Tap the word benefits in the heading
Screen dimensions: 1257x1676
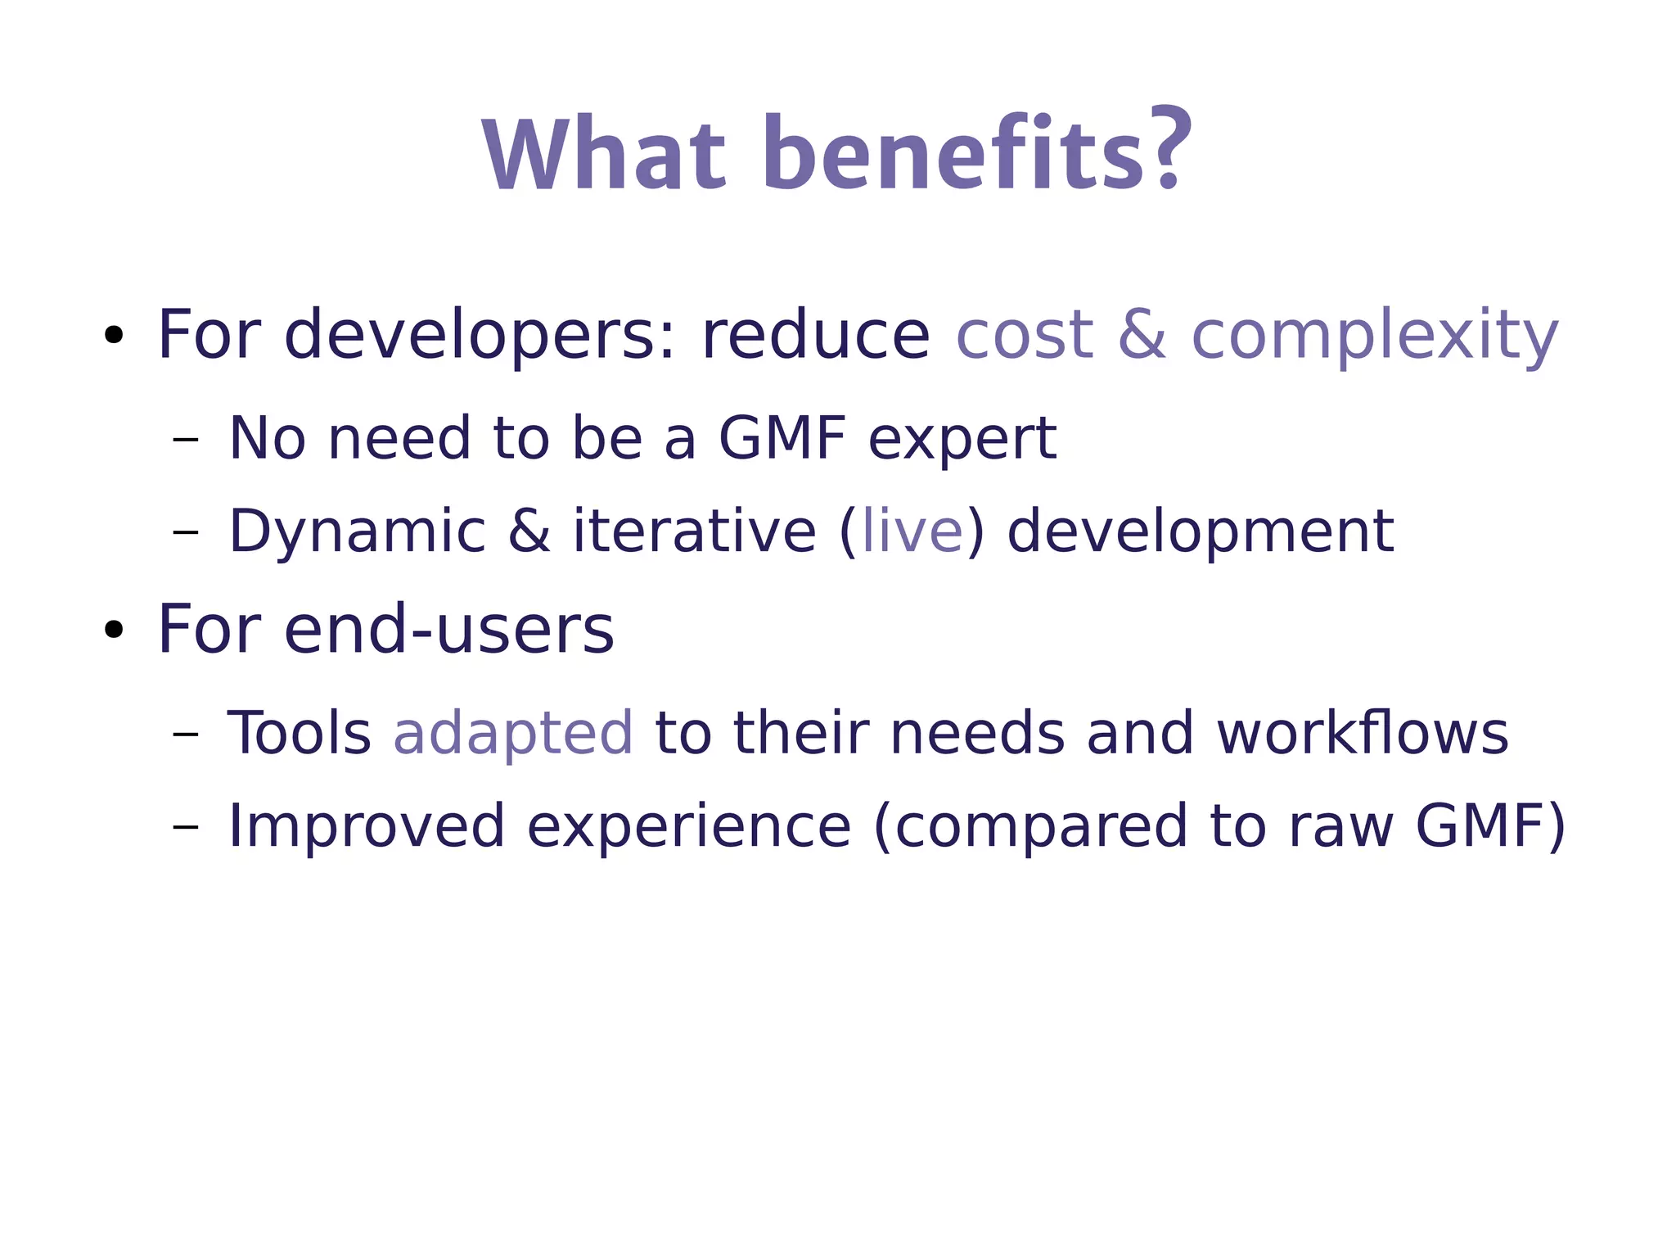coord(954,154)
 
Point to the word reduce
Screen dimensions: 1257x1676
coord(815,335)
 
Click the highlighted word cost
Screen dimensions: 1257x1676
coord(1024,335)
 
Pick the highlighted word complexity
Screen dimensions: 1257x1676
coord(1374,337)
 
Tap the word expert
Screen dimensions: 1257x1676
coord(962,440)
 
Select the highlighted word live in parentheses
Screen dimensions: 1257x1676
coord(912,531)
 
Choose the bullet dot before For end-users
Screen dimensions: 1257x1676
coord(114,630)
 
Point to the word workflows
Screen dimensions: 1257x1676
coord(1362,733)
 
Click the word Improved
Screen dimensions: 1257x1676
coord(366,827)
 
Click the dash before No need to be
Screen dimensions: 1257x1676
coord(186,440)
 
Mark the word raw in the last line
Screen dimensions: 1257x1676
coord(1340,827)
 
